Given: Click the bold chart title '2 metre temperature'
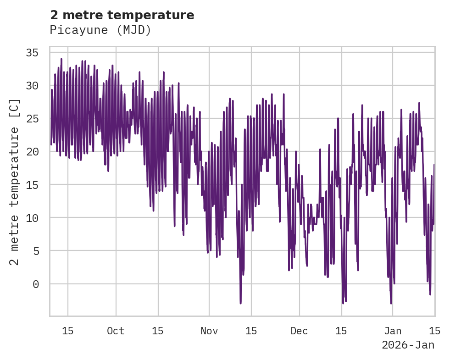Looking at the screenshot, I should [x=122, y=15].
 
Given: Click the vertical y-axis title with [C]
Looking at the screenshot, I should [x=14, y=182].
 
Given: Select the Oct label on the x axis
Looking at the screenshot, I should [x=116, y=331].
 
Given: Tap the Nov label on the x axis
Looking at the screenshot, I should [x=209, y=331].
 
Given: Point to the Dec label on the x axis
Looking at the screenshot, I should [x=300, y=331].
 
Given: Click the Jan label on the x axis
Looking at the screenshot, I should [x=393, y=331].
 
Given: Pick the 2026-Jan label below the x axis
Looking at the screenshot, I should [x=408, y=345].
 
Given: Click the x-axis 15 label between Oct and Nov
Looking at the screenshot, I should [x=158, y=331].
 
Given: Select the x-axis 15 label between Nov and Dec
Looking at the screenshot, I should [x=251, y=331].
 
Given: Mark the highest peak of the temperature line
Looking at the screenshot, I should [x=61, y=59].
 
